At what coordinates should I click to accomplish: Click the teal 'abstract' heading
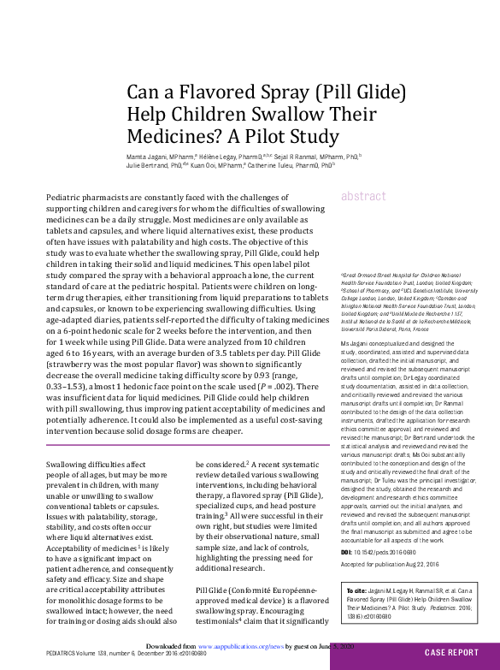click(x=363, y=196)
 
